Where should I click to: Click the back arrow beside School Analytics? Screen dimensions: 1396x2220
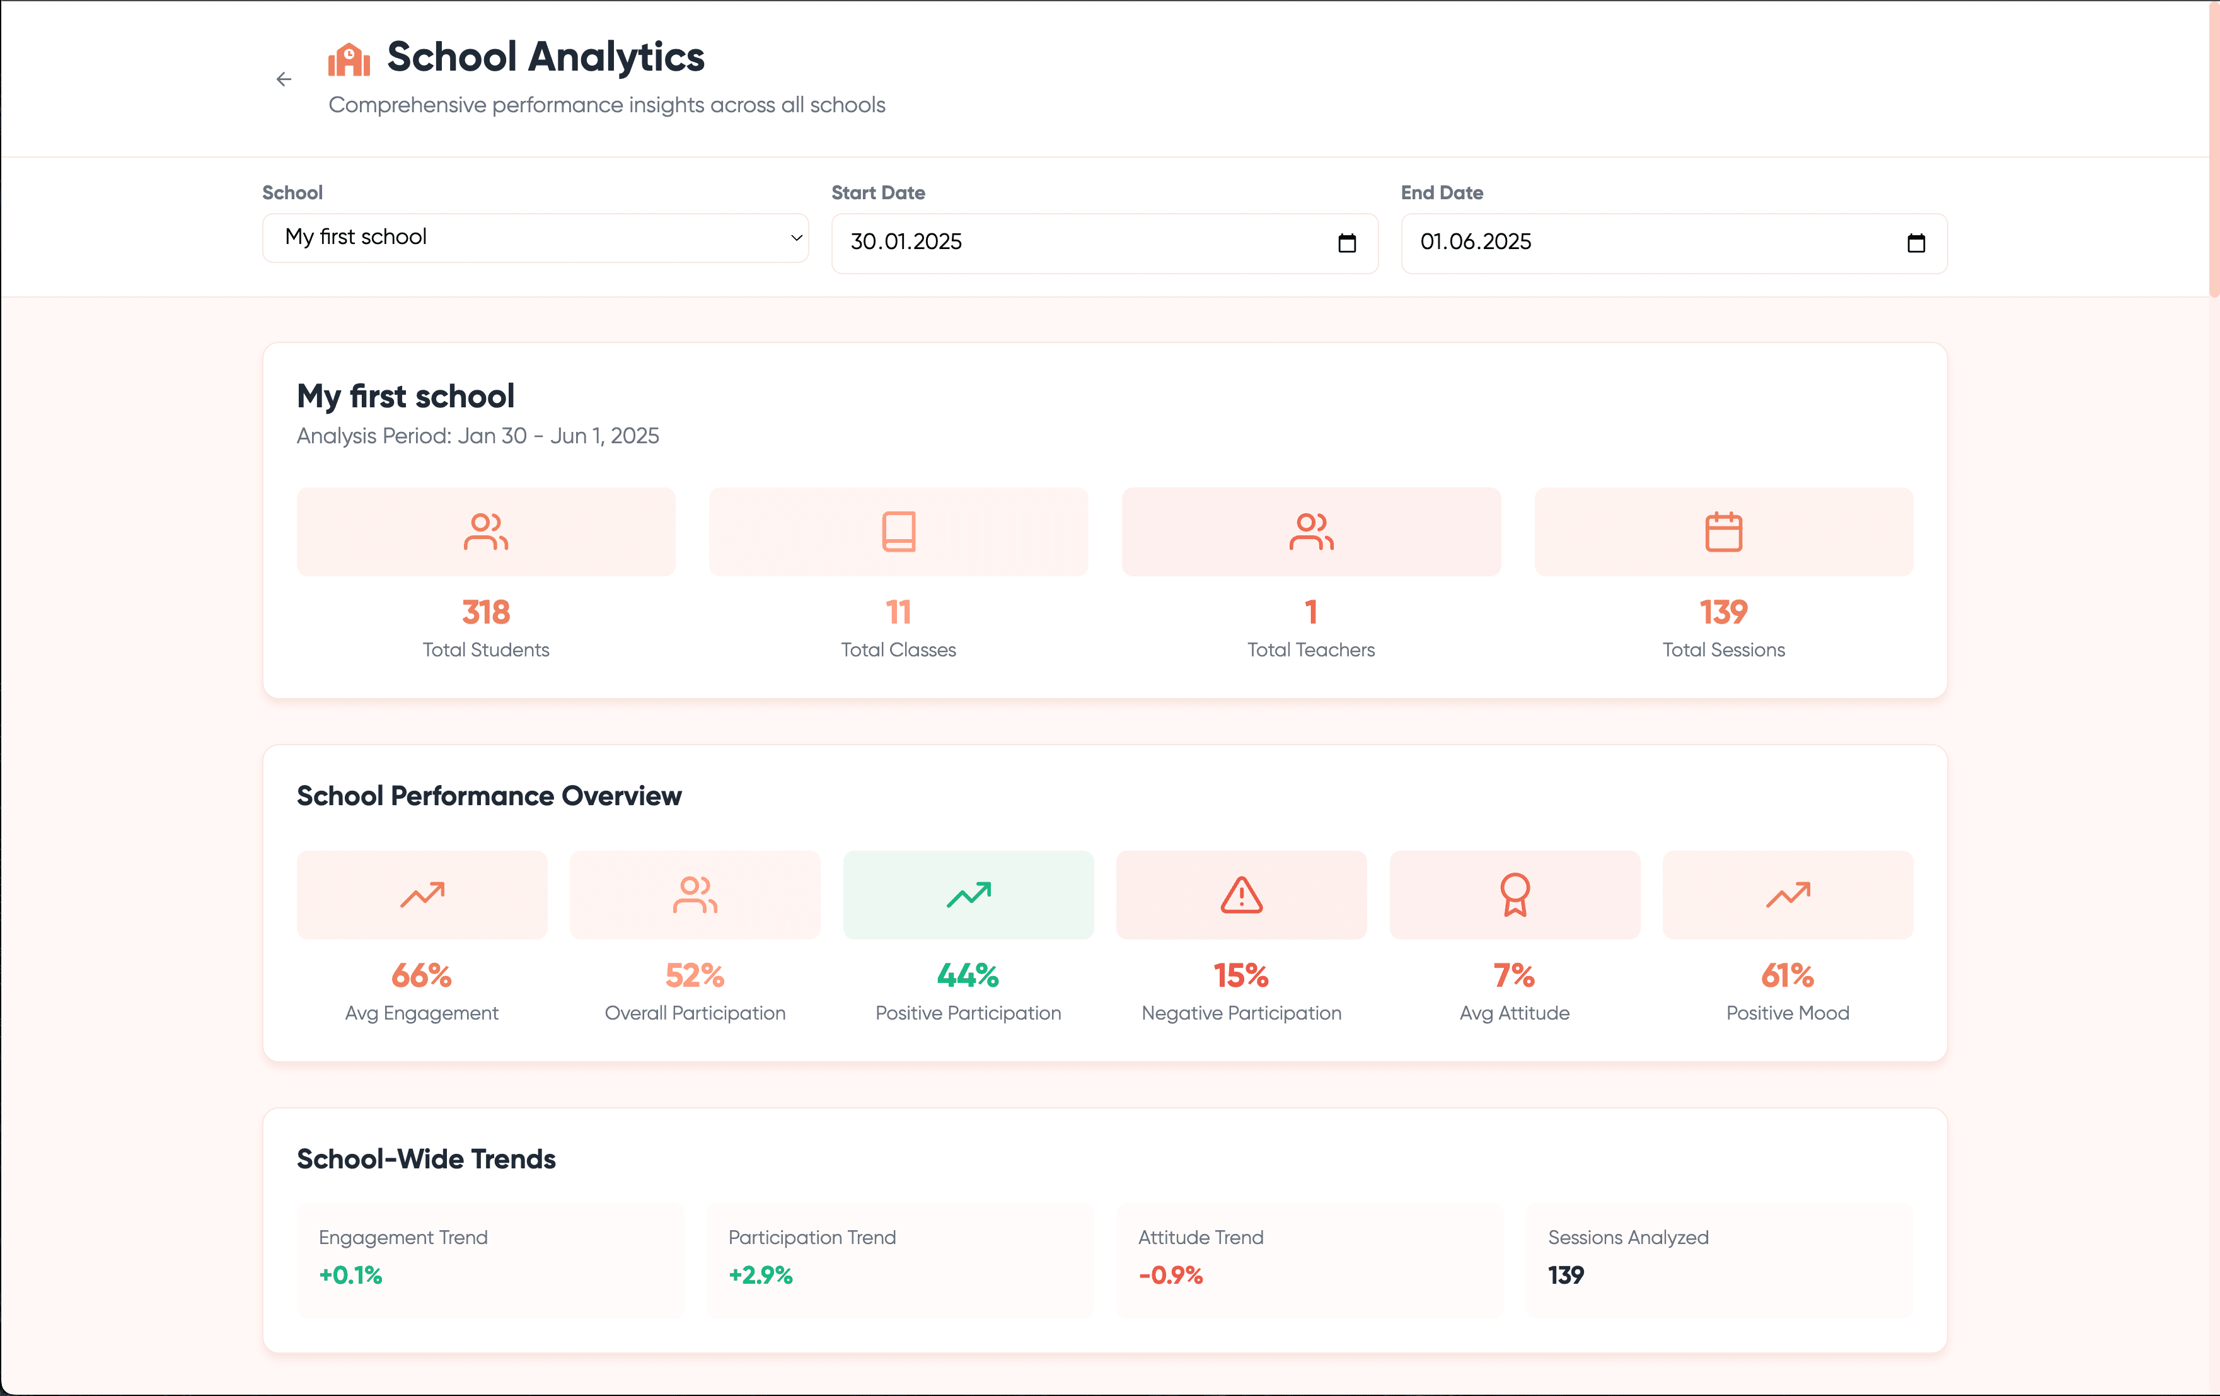coord(284,79)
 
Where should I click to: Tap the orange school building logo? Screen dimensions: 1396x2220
coord(349,60)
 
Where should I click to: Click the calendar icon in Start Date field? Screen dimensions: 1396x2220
coord(1347,243)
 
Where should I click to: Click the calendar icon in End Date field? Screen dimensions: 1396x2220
coord(1916,243)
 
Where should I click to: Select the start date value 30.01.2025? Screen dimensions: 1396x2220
coord(906,241)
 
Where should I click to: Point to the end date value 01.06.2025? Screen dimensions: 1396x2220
coord(1475,241)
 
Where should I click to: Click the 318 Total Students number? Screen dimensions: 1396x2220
coord(486,612)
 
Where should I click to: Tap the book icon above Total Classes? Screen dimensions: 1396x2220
coord(899,532)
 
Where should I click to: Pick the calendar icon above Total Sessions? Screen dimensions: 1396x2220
coord(1723,532)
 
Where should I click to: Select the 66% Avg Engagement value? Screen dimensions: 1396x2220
coord(421,975)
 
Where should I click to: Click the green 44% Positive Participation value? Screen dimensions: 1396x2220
coord(968,975)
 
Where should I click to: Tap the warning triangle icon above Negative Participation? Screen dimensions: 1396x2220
coord(1241,894)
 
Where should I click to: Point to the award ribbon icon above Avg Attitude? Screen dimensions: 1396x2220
coord(1515,894)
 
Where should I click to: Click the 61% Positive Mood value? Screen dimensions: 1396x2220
coord(1788,975)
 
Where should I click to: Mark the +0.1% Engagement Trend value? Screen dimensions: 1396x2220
coord(350,1275)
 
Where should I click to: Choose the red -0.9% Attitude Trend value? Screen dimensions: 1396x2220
coord(1171,1275)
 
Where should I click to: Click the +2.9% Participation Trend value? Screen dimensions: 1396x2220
coord(761,1275)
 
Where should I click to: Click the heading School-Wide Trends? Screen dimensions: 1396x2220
coord(426,1159)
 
